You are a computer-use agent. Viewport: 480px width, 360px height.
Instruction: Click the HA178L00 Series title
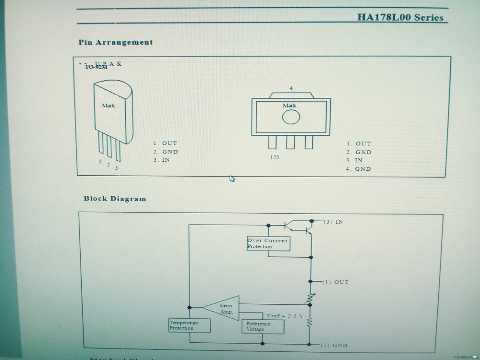[x=400, y=18]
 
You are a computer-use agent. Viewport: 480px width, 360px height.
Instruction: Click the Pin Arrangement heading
[x=116, y=42]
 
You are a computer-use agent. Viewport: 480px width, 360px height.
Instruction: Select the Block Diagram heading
[x=115, y=198]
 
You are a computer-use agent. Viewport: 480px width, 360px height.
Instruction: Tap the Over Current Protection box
[x=267, y=243]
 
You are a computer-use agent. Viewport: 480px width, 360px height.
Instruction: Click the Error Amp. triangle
[x=222, y=309]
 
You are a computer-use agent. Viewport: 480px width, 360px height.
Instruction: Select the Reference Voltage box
[x=262, y=326]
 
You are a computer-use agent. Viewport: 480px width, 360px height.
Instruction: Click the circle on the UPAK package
[x=291, y=117]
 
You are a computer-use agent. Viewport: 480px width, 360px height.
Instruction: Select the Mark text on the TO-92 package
[x=108, y=105]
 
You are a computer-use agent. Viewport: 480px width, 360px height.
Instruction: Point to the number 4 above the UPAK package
[x=291, y=88]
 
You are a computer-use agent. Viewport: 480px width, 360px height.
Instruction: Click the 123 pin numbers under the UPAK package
[x=274, y=157]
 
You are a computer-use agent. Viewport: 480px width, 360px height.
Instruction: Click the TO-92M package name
[x=96, y=67]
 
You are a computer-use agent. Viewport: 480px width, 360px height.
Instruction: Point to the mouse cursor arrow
[x=232, y=179]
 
